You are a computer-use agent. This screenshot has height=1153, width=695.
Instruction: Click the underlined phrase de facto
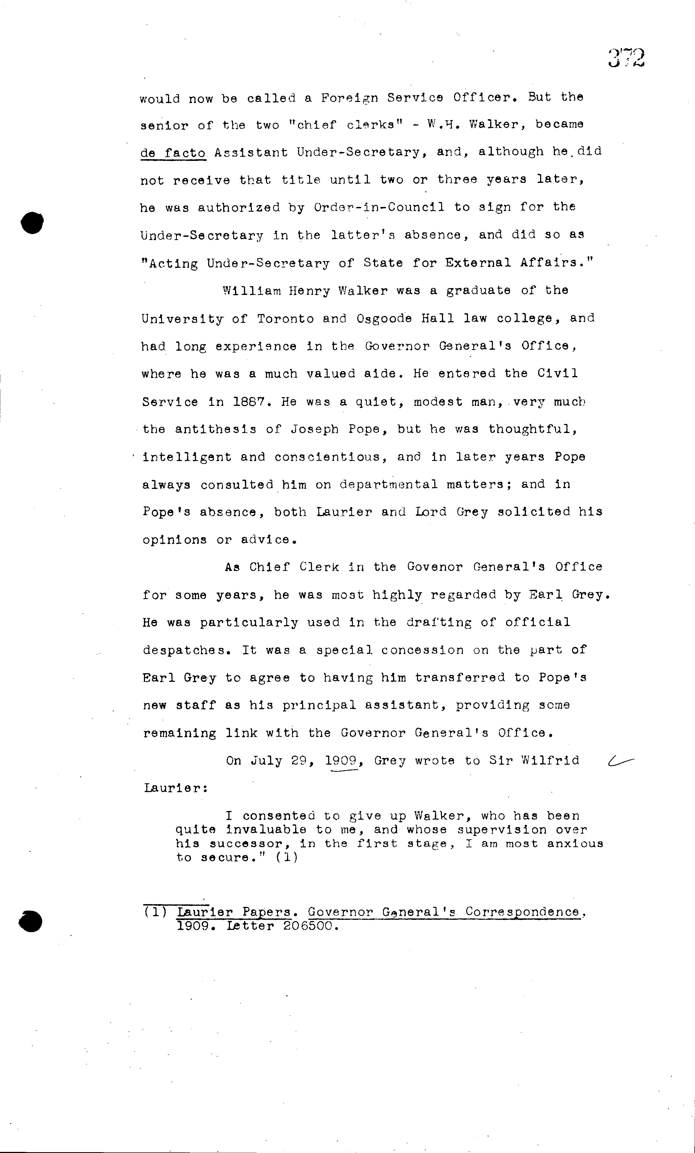coord(173,153)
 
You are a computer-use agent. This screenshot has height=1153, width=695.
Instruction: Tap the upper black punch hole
coord(32,223)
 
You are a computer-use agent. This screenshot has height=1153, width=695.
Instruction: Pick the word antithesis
coord(216,429)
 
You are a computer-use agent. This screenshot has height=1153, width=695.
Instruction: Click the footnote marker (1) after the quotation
coord(286,857)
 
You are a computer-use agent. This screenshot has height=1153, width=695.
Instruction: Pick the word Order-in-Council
coord(379,207)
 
